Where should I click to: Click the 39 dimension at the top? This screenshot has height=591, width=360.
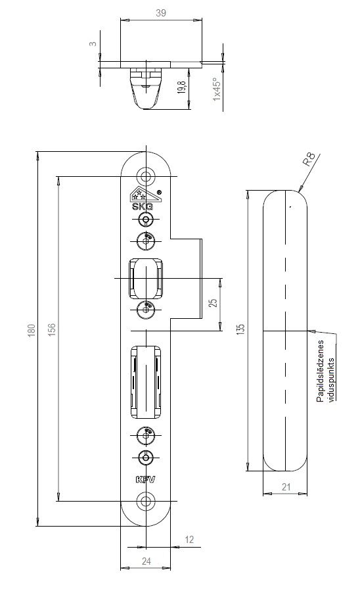(x=161, y=12)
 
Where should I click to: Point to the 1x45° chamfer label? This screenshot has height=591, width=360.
(x=216, y=89)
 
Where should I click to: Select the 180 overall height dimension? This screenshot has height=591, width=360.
(x=32, y=330)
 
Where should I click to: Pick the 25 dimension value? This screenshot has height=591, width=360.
(x=213, y=302)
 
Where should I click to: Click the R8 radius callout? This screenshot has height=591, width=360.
(x=310, y=160)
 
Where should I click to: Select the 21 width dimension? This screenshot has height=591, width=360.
(x=286, y=487)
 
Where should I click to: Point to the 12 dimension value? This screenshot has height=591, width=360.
(x=189, y=539)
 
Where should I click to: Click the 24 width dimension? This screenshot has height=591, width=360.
(x=146, y=561)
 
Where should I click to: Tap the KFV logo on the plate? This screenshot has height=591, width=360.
(x=145, y=479)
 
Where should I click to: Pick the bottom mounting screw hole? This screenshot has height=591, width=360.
(x=145, y=500)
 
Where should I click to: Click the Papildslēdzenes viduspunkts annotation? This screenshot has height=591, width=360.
(x=325, y=371)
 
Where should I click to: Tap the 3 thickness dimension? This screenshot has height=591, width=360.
(x=93, y=44)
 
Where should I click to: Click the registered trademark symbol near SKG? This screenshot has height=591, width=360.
(x=159, y=192)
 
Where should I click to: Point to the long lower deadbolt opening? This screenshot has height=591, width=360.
(x=146, y=381)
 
